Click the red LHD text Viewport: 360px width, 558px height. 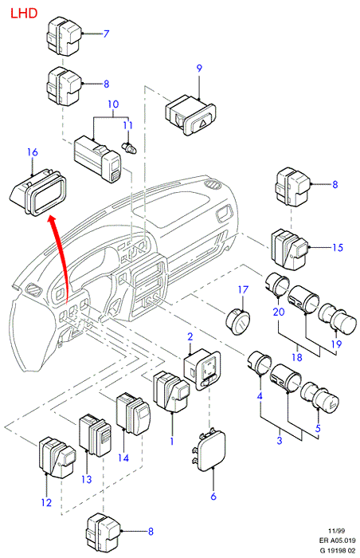tap(24, 14)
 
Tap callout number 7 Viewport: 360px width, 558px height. tap(106, 33)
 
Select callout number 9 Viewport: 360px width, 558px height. tap(199, 69)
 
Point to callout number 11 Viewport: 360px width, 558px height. tap(127, 125)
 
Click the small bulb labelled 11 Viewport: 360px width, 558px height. tap(129, 147)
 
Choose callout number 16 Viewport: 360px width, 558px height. tap(33, 152)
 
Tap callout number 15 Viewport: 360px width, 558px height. tap(338, 247)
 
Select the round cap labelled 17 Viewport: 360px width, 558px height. tap(238, 322)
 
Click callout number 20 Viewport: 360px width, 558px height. tap(279, 312)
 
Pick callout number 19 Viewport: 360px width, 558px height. tap(337, 344)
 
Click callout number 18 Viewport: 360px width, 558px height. tap(297, 357)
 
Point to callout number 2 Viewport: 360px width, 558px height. tap(190, 336)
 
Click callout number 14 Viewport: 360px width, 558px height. tap(123, 458)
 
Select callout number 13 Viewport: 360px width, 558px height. tap(87, 479)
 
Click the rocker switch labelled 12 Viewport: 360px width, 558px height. tap(57, 458)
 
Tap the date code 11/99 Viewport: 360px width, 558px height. tap(337, 531)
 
